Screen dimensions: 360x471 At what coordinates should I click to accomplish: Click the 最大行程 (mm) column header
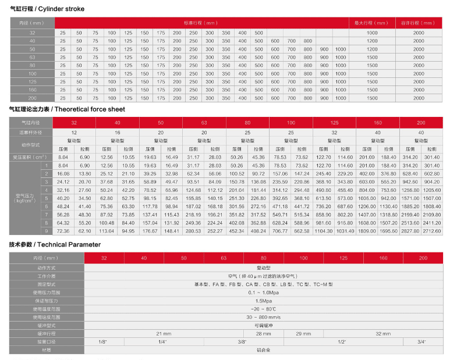[371, 23]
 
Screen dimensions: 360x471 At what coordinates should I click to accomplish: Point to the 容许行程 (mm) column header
[418, 23]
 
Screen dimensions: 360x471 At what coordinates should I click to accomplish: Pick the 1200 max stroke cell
[372, 41]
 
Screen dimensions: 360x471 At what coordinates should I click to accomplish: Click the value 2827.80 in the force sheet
[410, 231]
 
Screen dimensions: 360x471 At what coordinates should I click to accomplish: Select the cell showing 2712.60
[432, 231]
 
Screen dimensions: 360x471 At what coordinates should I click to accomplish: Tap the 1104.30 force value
[324, 231]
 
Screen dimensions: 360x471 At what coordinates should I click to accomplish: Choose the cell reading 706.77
[281, 231]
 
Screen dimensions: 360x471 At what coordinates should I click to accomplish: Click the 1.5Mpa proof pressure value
[263, 301]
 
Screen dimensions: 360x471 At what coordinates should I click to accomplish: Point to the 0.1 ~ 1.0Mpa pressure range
[263, 293]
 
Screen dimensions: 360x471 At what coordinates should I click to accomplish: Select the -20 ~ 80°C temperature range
[263, 309]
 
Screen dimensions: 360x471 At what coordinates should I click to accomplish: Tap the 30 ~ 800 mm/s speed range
[263, 317]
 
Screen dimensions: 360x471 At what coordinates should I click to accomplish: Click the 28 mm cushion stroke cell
[263, 334]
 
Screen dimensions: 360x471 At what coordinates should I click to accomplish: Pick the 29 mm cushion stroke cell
[303, 334]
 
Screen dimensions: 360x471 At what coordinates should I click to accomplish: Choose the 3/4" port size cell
[421, 342]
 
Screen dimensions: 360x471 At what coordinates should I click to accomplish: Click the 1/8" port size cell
[102, 342]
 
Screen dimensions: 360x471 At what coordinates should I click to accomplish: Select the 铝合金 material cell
[263, 350]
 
